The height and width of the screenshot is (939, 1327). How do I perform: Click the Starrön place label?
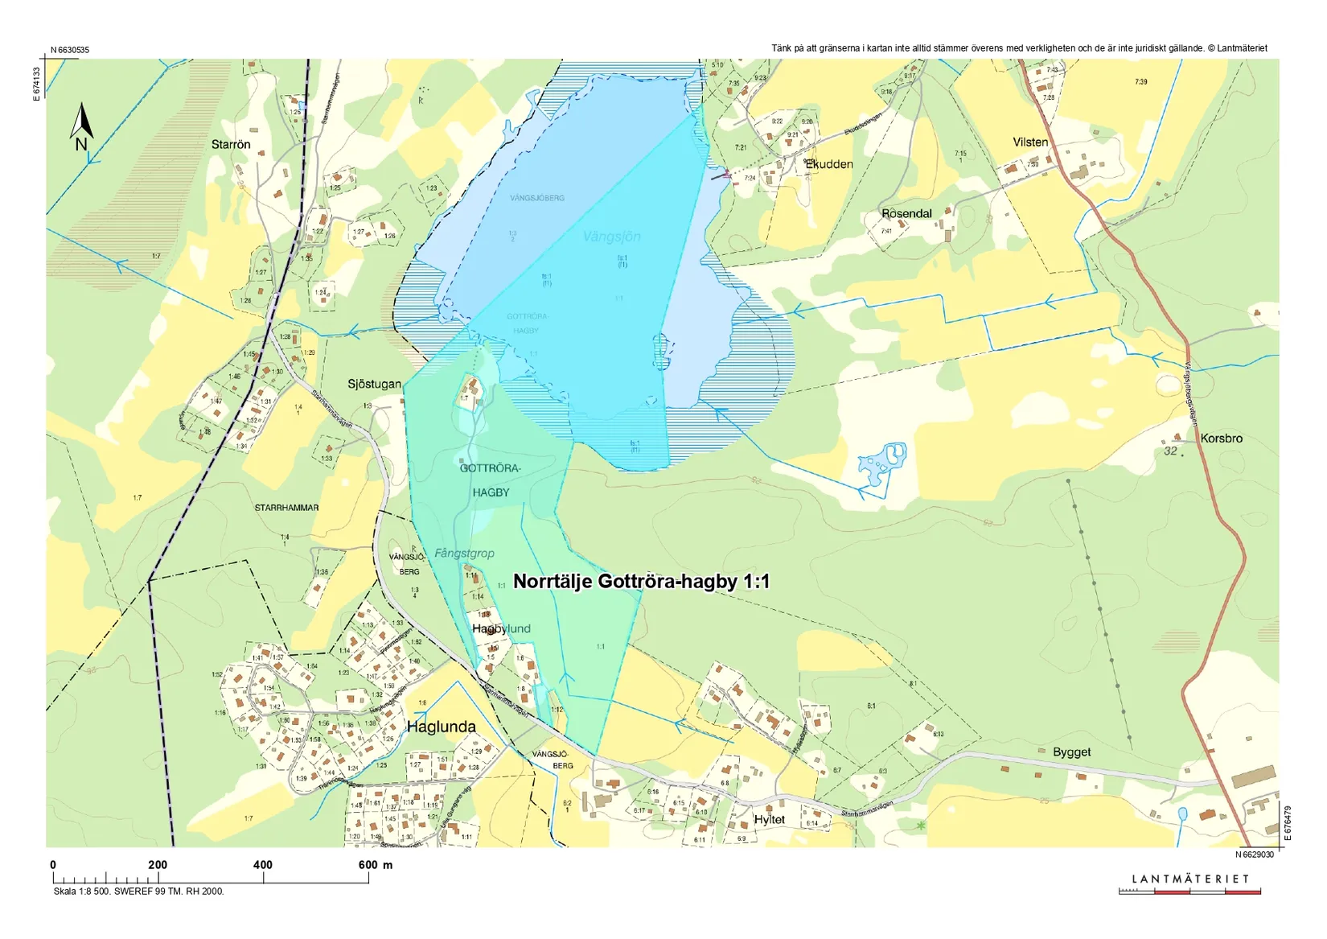[x=231, y=145]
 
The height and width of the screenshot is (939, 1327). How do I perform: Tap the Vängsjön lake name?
[x=611, y=237]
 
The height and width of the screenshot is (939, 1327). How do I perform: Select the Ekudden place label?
[x=830, y=164]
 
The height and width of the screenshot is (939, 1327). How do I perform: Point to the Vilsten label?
[x=1030, y=142]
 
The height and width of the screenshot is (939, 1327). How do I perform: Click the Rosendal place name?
[x=906, y=213]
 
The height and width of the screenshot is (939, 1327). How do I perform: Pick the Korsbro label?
[x=1221, y=439]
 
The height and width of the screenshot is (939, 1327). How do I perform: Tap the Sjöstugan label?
[x=374, y=384]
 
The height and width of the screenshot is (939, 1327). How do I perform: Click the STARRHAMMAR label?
[x=286, y=508]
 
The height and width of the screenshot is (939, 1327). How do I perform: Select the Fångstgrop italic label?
[x=464, y=554]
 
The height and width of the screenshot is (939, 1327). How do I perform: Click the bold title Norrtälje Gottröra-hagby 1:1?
[x=641, y=581]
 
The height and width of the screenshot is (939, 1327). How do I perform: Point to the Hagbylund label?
[x=501, y=628]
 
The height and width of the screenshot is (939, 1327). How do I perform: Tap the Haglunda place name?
[x=441, y=727]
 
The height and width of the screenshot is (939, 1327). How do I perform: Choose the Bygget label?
[x=1071, y=752]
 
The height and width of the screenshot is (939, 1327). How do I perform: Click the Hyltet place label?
[x=769, y=820]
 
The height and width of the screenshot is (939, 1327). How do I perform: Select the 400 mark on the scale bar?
[x=263, y=865]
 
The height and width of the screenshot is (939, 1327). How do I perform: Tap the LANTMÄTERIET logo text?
[x=1190, y=879]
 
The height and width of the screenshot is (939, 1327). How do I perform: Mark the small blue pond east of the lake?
[x=883, y=462]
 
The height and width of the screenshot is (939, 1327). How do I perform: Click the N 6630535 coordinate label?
[x=70, y=50]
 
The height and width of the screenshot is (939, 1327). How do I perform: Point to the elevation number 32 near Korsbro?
[x=1170, y=451]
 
